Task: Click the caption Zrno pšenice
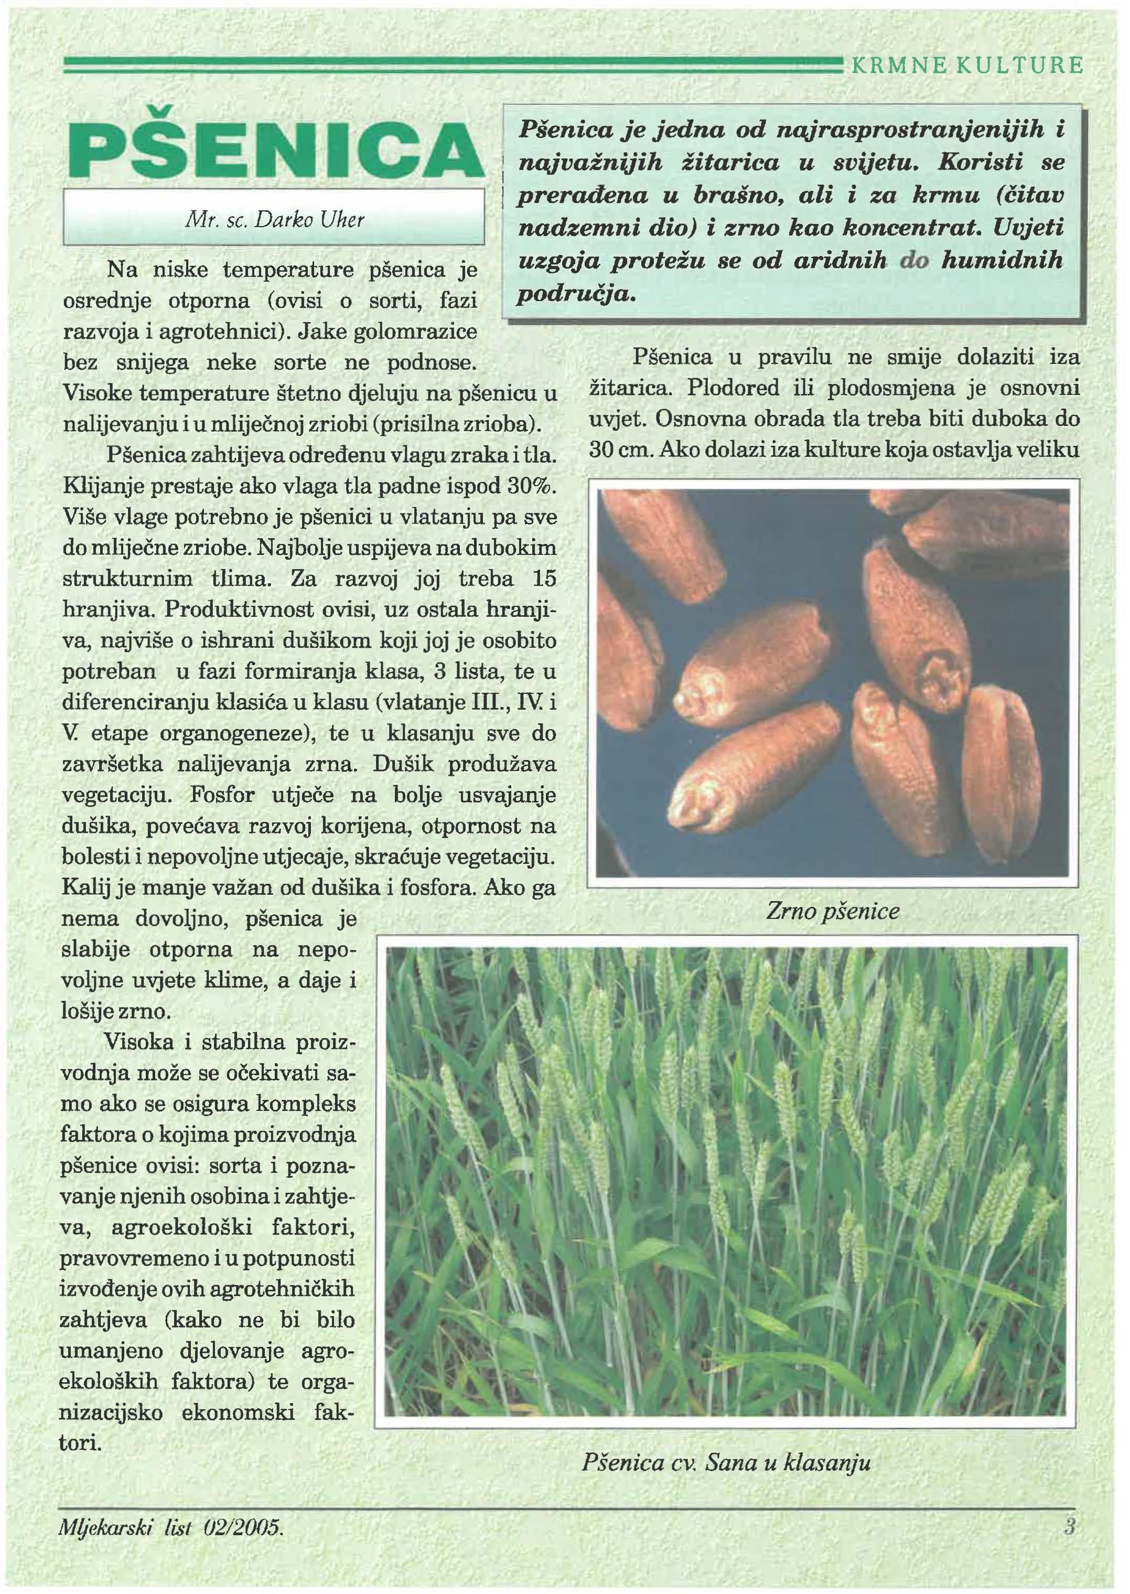coord(832,911)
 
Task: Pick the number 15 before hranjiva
coord(543,579)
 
